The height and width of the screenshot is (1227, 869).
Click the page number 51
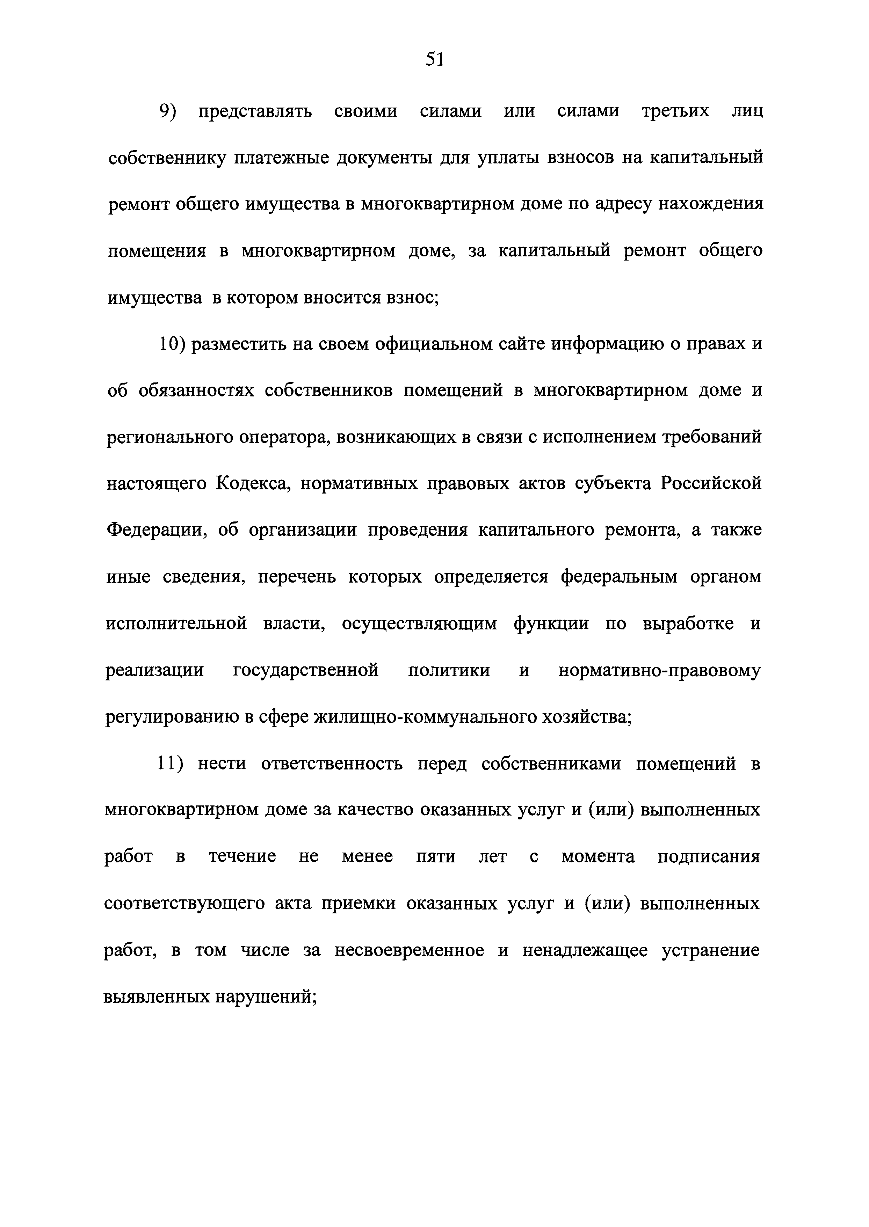435,59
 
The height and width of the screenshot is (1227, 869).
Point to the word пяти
436,856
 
